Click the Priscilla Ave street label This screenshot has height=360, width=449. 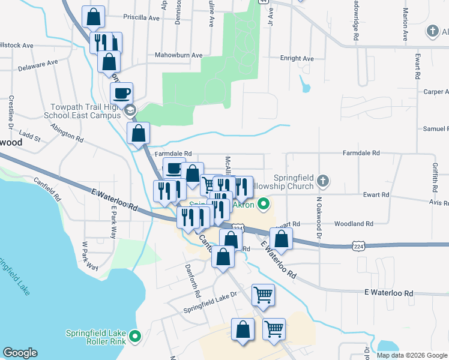(141, 18)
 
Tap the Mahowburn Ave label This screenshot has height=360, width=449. (170, 55)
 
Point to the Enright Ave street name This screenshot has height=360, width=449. (297, 58)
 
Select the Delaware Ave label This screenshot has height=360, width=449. (38, 65)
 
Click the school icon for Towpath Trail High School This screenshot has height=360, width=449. (130, 110)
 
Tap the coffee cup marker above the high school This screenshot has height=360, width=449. (122, 93)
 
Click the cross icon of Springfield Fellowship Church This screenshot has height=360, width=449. (323, 180)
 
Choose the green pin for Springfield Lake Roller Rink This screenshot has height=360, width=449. (134, 337)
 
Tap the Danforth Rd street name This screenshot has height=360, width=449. (192, 281)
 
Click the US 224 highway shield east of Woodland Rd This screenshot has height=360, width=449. (358, 245)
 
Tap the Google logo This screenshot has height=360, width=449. (20, 353)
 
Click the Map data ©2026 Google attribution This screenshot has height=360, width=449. (411, 355)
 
